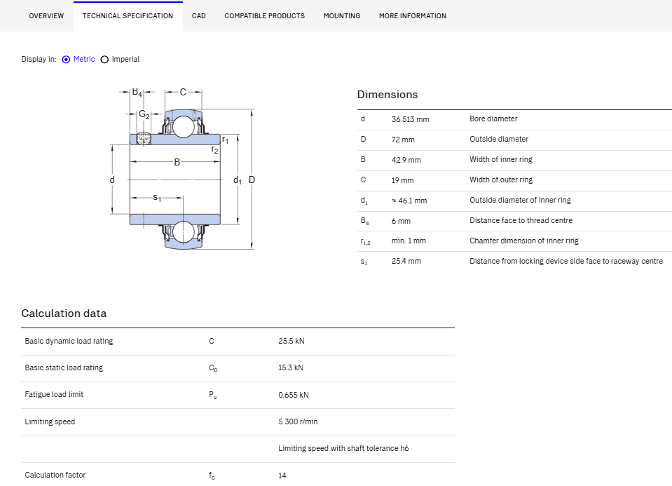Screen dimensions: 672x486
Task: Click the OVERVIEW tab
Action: (46, 16)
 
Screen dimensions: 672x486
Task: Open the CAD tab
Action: (199, 16)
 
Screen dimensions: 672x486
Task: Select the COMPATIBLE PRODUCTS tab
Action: (264, 16)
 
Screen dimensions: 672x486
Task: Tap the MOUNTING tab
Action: (341, 16)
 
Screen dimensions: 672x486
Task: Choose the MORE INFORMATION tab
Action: (412, 16)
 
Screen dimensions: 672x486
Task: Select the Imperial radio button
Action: (104, 60)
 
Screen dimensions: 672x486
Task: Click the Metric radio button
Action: (66, 60)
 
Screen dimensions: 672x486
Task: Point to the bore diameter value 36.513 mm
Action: (410, 119)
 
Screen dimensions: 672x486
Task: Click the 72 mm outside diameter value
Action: (403, 140)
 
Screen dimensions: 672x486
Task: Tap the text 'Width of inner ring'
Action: (500, 160)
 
